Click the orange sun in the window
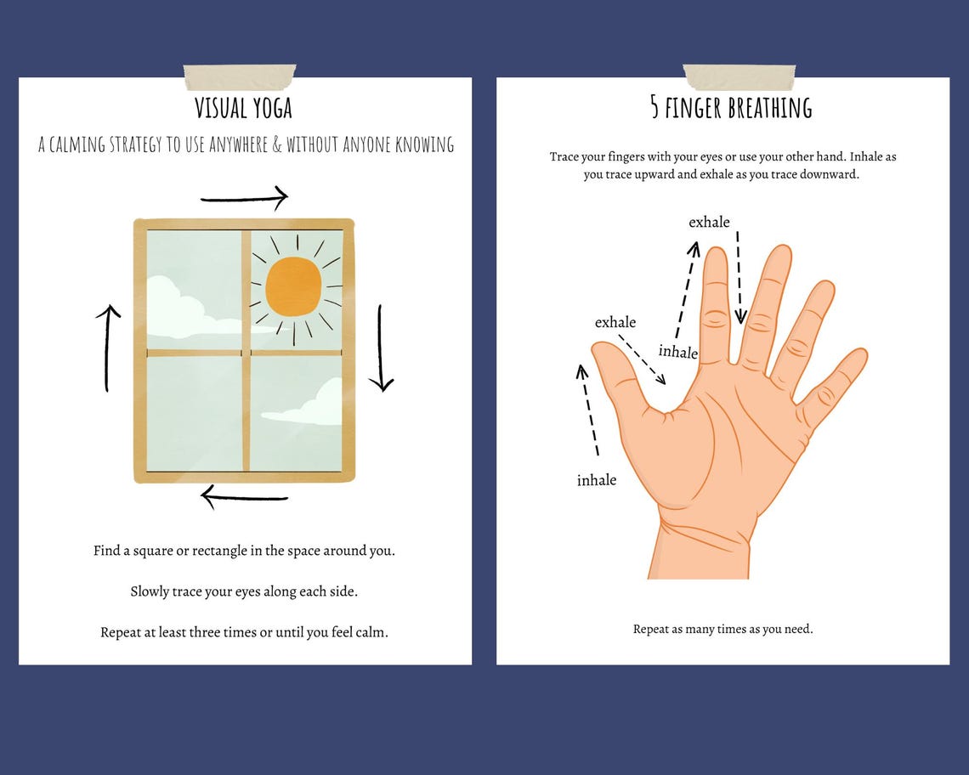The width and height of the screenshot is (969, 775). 293,286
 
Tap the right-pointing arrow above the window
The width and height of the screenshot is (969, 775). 245,198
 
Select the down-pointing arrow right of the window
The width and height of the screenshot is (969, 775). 381,348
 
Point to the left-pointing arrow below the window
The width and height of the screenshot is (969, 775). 245,497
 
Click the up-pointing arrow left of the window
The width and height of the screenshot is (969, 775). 108,348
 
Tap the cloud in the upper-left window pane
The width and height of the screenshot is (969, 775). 185,312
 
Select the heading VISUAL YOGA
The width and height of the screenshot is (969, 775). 243,108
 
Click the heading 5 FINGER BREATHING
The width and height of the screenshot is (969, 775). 731,108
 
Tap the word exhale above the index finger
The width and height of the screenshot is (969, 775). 709,222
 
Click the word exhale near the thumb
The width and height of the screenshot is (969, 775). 615,322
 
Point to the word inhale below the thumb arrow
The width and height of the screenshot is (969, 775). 597,480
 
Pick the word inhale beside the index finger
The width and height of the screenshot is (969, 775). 678,352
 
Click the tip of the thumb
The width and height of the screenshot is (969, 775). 598,346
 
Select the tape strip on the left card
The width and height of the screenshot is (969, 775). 240,77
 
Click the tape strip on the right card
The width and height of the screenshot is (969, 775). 739,77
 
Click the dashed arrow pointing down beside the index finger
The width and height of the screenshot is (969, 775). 739,278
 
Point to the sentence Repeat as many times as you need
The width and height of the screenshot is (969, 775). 722,629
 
